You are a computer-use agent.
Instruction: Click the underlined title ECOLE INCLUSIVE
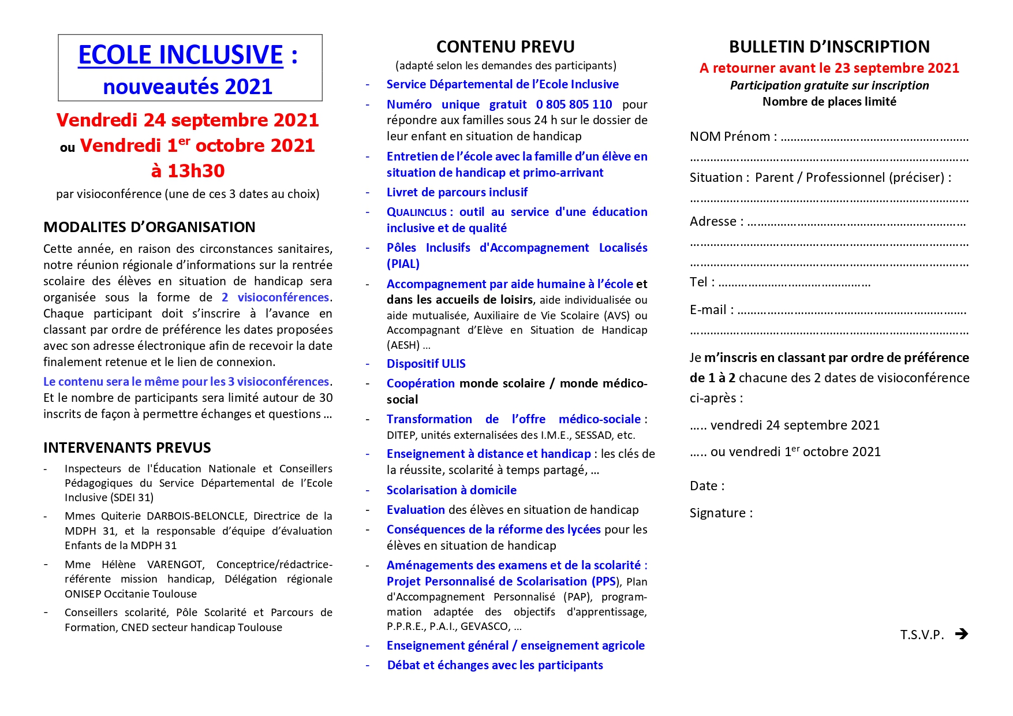pyautogui.click(x=181, y=55)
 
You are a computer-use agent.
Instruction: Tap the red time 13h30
pyautogui.click(x=188, y=171)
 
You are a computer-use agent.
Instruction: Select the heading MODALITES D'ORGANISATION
pyautogui.click(x=149, y=227)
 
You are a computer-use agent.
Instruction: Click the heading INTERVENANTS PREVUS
pyautogui.click(x=127, y=447)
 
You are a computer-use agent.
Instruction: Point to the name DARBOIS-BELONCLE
pyautogui.click(x=196, y=516)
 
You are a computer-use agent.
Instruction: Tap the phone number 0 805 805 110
pyautogui.click(x=574, y=105)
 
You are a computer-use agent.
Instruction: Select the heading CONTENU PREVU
pyautogui.click(x=505, y=47)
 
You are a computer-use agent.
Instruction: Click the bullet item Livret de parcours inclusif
pyautogui.click(x=457, y=192)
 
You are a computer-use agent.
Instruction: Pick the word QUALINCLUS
pyautogui.click(x=416, y=212)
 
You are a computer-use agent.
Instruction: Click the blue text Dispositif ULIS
pyautogui.click(x=426, y=364)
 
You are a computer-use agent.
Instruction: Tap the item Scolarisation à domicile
pyautogui.click(x=451, y=490)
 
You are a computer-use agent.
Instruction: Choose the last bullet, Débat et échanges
pyautogui.click(x=495, y=665)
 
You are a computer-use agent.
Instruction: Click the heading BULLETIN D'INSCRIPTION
pyautogui.click(x=829, y=47)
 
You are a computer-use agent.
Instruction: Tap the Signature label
pyautogui.click(x=721, y=513)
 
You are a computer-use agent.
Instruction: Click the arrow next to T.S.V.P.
pyautogui.click(x=961, y=634)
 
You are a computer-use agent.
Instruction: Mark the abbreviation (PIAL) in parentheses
pyautogui.click(x=403, y=264)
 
